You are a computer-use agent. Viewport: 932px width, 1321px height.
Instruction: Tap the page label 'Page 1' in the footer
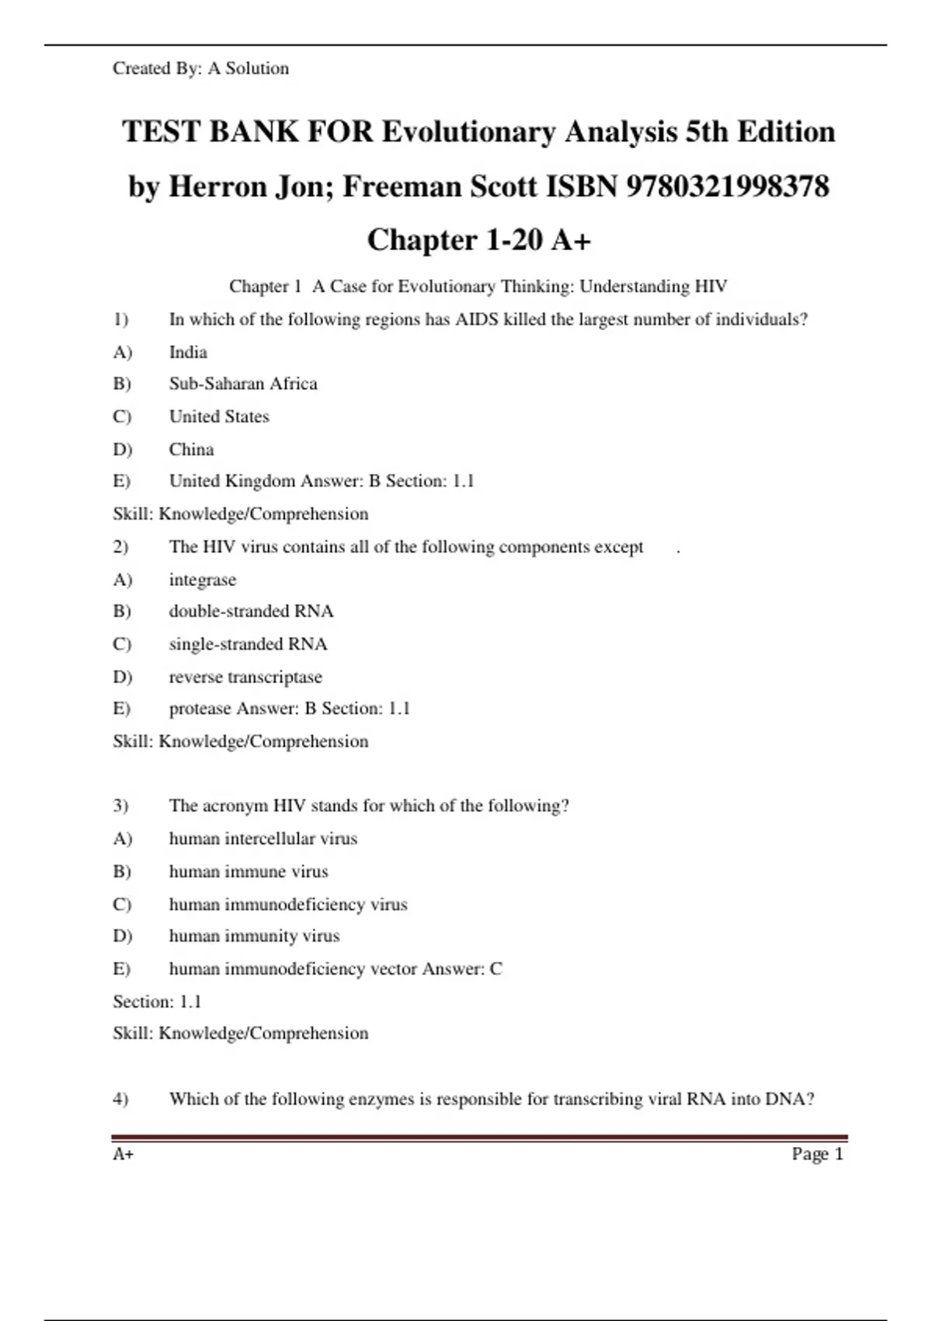pos(817,1154)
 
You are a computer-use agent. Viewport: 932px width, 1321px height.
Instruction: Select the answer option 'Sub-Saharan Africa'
pos(243,384)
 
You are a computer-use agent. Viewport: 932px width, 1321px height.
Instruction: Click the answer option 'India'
pos(188,352)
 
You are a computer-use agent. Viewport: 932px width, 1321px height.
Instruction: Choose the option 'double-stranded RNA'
pos(251,612)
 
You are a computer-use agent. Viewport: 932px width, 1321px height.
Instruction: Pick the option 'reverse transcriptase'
pos(245,677)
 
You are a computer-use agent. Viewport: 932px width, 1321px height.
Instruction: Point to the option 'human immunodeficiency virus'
pos(288,904)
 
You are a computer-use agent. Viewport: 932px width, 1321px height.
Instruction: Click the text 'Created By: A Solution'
pos(200,68)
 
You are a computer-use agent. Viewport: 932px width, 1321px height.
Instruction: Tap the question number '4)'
pos(120,1099)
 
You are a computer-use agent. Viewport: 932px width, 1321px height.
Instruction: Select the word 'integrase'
pos(203,580)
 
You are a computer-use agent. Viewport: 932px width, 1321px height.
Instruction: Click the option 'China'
pos(191,449)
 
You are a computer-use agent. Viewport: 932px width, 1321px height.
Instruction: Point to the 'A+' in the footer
pos(123,1154)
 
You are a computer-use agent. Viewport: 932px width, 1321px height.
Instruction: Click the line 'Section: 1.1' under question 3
pos(157,1002)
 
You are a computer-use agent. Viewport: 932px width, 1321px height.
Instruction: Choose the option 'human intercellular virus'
pos(263,838)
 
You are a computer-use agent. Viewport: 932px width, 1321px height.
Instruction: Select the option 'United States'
pos(219,417)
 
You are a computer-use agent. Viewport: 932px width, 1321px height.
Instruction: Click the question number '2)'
pos(120,547)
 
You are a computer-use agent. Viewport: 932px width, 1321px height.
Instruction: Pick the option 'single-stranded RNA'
pos(248,644)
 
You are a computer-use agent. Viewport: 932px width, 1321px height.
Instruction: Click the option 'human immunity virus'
pos(254,936)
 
